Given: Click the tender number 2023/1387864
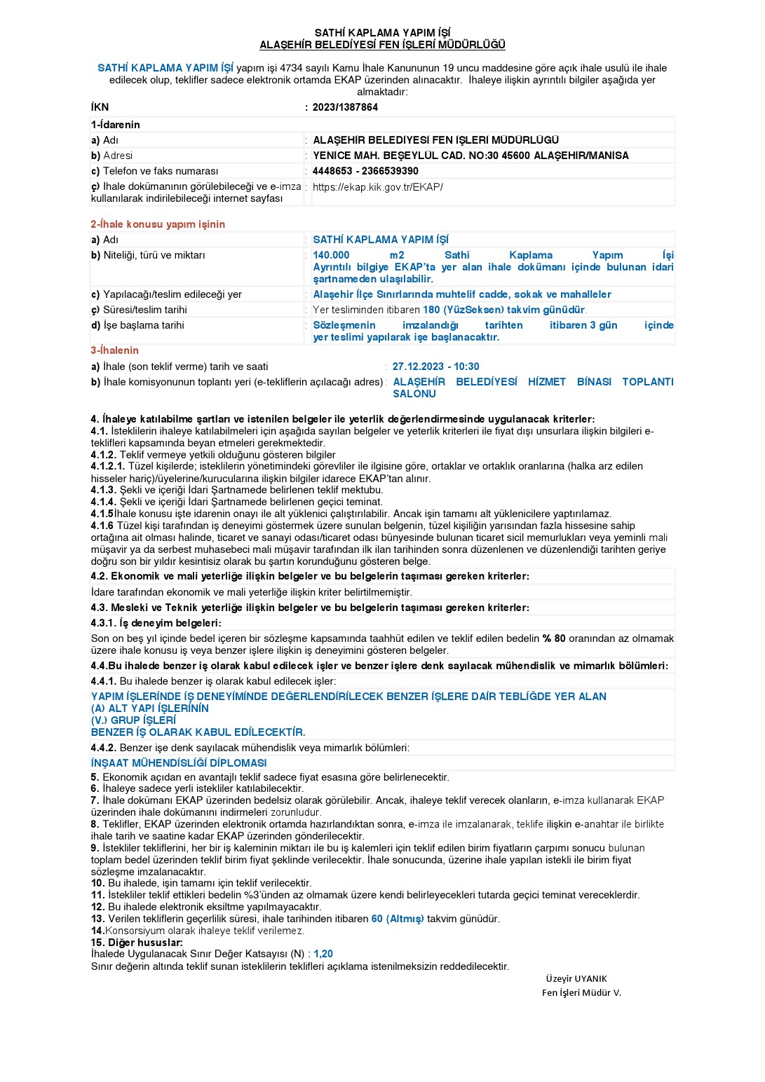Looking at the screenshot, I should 345,107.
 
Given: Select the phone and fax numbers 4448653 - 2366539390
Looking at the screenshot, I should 365,171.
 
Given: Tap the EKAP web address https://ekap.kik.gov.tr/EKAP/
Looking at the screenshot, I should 378,187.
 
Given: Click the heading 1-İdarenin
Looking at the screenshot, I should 116,125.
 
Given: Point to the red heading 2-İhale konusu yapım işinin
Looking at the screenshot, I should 158,224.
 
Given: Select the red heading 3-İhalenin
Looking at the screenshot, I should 115,350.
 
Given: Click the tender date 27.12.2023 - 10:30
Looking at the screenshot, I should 436,367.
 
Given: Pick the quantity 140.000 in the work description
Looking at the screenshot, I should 331,255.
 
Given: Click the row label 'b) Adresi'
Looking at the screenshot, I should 111,156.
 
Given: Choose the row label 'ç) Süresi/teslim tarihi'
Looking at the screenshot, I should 139,310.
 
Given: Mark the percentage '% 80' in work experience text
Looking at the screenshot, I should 554,638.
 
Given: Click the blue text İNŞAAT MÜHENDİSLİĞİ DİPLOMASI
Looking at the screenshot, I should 179,763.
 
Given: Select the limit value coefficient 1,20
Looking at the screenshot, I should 323,954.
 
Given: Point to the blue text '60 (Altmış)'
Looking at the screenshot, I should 398,919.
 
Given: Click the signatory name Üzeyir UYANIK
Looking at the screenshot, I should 576,979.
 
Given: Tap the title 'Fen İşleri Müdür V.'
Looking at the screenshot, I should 581,992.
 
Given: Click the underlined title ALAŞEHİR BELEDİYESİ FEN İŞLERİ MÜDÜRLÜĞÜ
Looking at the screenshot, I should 382,45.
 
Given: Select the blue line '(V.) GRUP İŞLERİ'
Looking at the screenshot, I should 133,720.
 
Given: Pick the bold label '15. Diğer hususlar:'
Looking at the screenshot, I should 137,943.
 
